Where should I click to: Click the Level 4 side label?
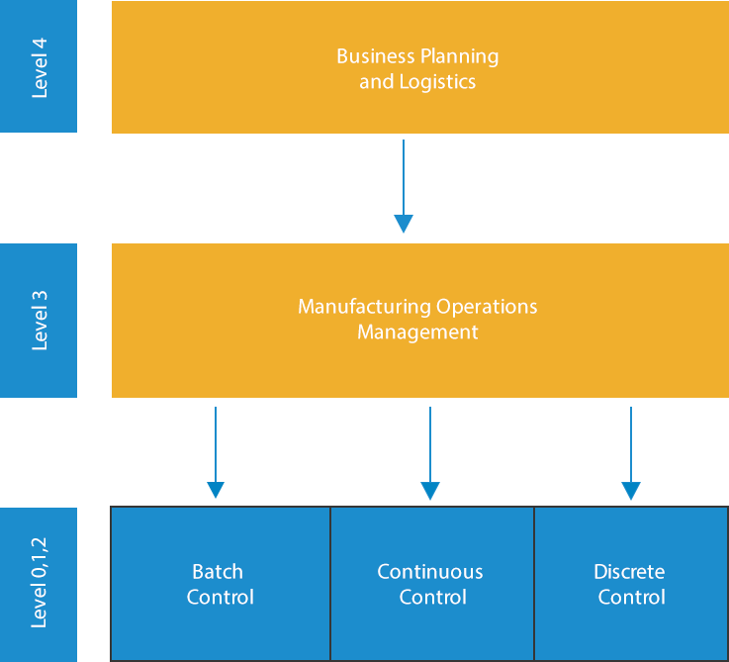[41, 67]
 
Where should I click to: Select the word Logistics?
[437, 82]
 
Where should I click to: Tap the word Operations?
[487, 308]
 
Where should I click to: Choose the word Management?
[417, 332]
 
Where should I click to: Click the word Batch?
[218, 572]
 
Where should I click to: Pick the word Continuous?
[430, 572]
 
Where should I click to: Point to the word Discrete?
[629, 572]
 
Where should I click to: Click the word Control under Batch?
[221, 598]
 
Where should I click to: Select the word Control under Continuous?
[433, 598]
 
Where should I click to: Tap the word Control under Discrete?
[632, 598]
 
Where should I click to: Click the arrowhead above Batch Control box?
[214, 489]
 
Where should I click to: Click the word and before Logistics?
[376, 82]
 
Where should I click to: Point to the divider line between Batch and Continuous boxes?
[329, 584]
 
